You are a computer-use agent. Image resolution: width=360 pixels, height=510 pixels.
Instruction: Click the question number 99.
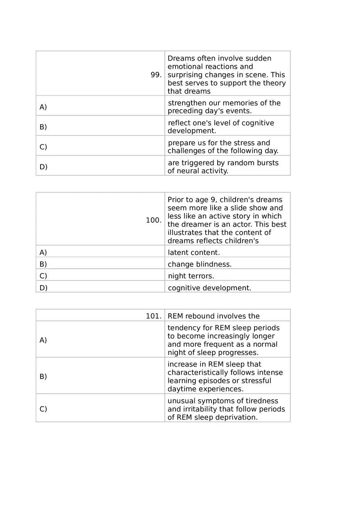coord(156,75)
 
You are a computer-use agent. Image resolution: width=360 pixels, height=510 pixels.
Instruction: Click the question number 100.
coord(153,220)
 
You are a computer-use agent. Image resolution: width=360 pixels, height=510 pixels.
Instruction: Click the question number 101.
coord(153,316)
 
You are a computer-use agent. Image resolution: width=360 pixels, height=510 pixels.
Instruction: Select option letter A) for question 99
coord(43,107)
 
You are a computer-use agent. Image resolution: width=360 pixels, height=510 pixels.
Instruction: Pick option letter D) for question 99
coord(43,167)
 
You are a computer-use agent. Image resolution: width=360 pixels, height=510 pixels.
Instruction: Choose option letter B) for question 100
coord(43,264)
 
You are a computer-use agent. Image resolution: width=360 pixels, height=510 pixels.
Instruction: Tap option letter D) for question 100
coord(43,288)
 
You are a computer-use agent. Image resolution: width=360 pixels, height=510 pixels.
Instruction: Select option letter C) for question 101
coord(43,409)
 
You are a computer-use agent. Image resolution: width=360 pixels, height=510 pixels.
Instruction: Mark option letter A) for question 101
coord(43,340)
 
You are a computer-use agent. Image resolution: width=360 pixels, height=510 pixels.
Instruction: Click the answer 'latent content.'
coord(193,253)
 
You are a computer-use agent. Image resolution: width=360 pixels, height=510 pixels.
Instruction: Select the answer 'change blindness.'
coord(200,264)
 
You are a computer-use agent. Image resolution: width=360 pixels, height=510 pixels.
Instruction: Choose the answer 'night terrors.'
coord(191,276)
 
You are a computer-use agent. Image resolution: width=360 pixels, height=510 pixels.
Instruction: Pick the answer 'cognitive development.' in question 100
coord(209,288)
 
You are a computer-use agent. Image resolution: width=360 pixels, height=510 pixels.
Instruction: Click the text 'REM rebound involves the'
coord(214,316)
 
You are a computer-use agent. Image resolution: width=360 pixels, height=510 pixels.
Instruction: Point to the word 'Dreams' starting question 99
coord(179,58)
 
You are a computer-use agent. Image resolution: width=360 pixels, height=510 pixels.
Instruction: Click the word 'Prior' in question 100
coord(175,200)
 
